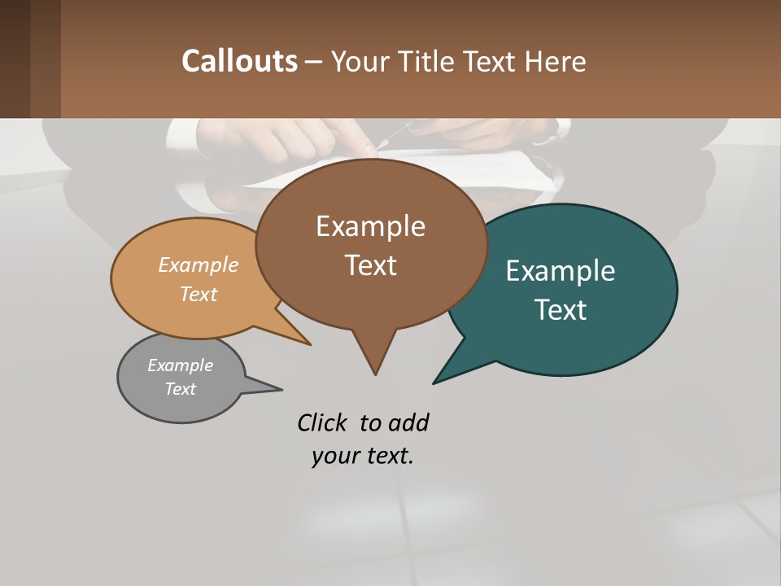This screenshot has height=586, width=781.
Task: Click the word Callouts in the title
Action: pos(239,61)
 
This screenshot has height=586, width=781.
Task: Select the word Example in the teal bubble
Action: pos(560,271)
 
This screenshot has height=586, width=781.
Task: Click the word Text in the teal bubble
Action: pos(561,309)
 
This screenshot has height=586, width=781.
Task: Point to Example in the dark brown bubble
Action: pos(370,226)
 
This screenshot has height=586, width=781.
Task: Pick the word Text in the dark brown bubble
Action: pos(370,265)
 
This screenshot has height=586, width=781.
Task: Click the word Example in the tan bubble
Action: pos(198,265)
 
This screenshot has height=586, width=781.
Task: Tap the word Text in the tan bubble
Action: pos(199,294)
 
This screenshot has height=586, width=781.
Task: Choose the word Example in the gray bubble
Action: pos(180,365)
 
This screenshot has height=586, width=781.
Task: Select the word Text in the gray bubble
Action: pos(180,389)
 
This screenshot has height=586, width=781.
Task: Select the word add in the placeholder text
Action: pos(408,423)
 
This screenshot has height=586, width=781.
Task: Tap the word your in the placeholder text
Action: pos(334,456)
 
